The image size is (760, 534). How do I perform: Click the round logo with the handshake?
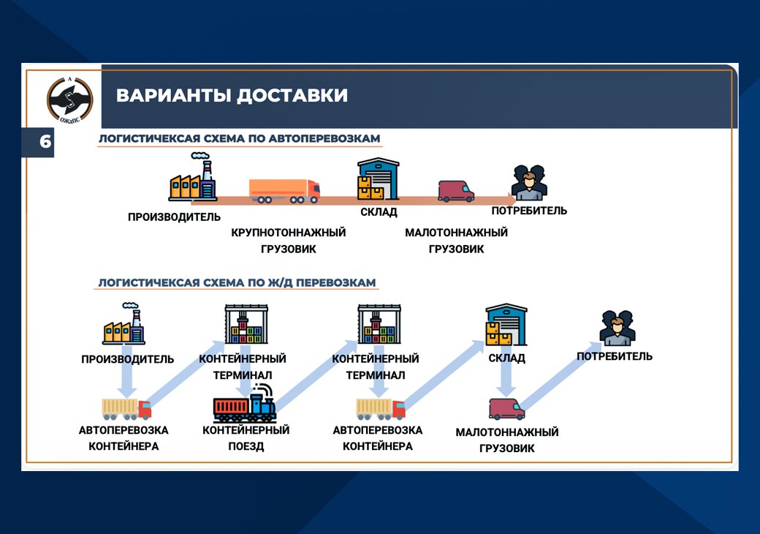[69, 99]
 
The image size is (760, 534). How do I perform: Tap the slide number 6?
[45, 141]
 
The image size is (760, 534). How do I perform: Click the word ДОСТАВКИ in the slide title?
[292, 95]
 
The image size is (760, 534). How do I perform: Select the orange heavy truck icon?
[284, 191]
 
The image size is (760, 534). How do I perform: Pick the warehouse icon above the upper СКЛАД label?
[378, 179]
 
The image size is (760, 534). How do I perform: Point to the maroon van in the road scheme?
[456, 191]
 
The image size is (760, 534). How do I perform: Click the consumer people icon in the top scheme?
[529, 182]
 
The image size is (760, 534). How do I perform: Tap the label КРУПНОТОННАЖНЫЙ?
[289, 233]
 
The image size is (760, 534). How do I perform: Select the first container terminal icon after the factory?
[246, 324]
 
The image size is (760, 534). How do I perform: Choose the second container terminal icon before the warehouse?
[379, 324]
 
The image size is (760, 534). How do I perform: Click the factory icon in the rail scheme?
[124, 323]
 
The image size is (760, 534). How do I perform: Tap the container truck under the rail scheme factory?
[126, 409]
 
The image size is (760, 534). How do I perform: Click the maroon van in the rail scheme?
[506, 409]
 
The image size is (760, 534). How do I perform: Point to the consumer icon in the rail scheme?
[617, 328]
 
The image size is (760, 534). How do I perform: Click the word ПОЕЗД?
[246, 446]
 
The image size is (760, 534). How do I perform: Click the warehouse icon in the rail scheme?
[506, 325]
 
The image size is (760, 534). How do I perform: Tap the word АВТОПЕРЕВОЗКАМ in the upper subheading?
[324, 138]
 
